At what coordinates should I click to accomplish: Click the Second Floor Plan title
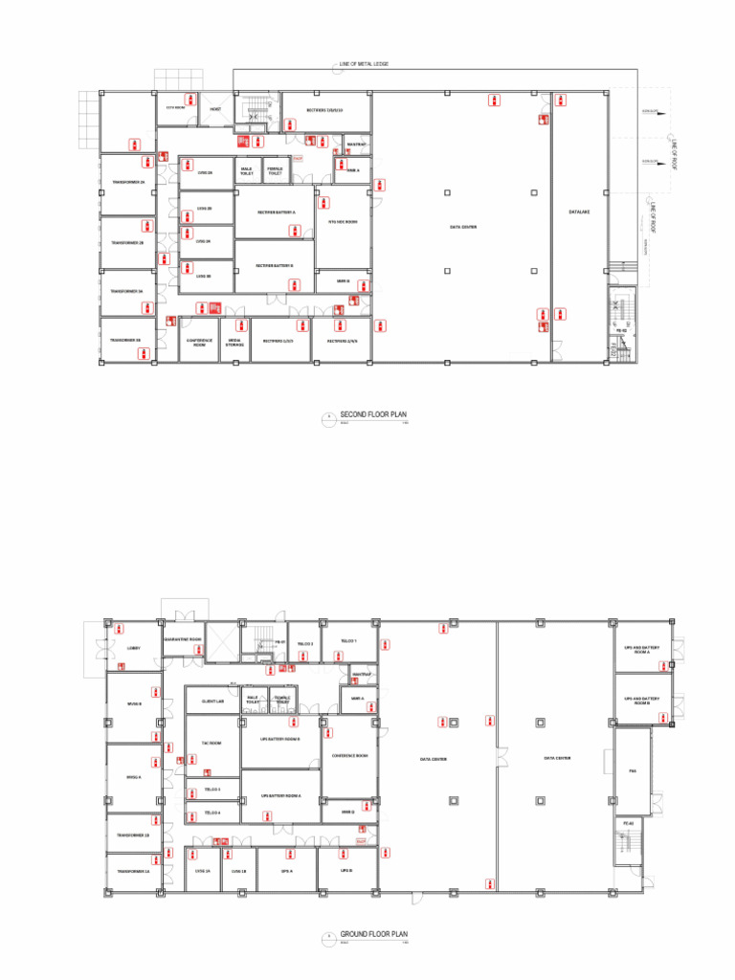pos(373,414)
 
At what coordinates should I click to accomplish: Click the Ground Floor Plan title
pos(374,932)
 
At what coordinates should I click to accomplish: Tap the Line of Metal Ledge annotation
pos(364,64)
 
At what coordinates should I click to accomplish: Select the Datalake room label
pos(577,212)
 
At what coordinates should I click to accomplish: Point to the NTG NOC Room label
pos(343,222)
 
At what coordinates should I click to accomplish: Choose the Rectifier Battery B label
pos(275,265)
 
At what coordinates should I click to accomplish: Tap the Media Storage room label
pos(234,342)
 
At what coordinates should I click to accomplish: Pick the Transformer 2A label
pos(127,182)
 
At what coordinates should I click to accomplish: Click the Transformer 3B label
pos(125,340)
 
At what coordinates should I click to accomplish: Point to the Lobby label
pos(133,648)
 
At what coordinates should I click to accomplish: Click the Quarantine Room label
pos(182,638)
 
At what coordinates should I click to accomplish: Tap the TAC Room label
pos(212,743)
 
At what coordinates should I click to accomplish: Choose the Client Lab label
pos(213,702)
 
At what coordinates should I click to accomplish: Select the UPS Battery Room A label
pos(280,795)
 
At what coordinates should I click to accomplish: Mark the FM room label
pos(633,770)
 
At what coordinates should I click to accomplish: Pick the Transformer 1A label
pos(133,872)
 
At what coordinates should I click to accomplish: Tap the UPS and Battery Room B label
pos(642,701)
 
